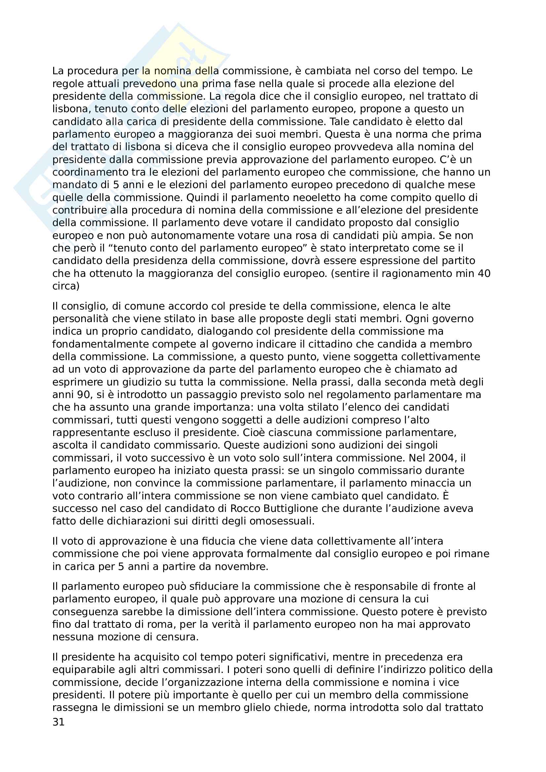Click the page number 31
pyautogui.click(x=58, y=722)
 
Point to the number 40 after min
pyautogui.click(x=484, y=273)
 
